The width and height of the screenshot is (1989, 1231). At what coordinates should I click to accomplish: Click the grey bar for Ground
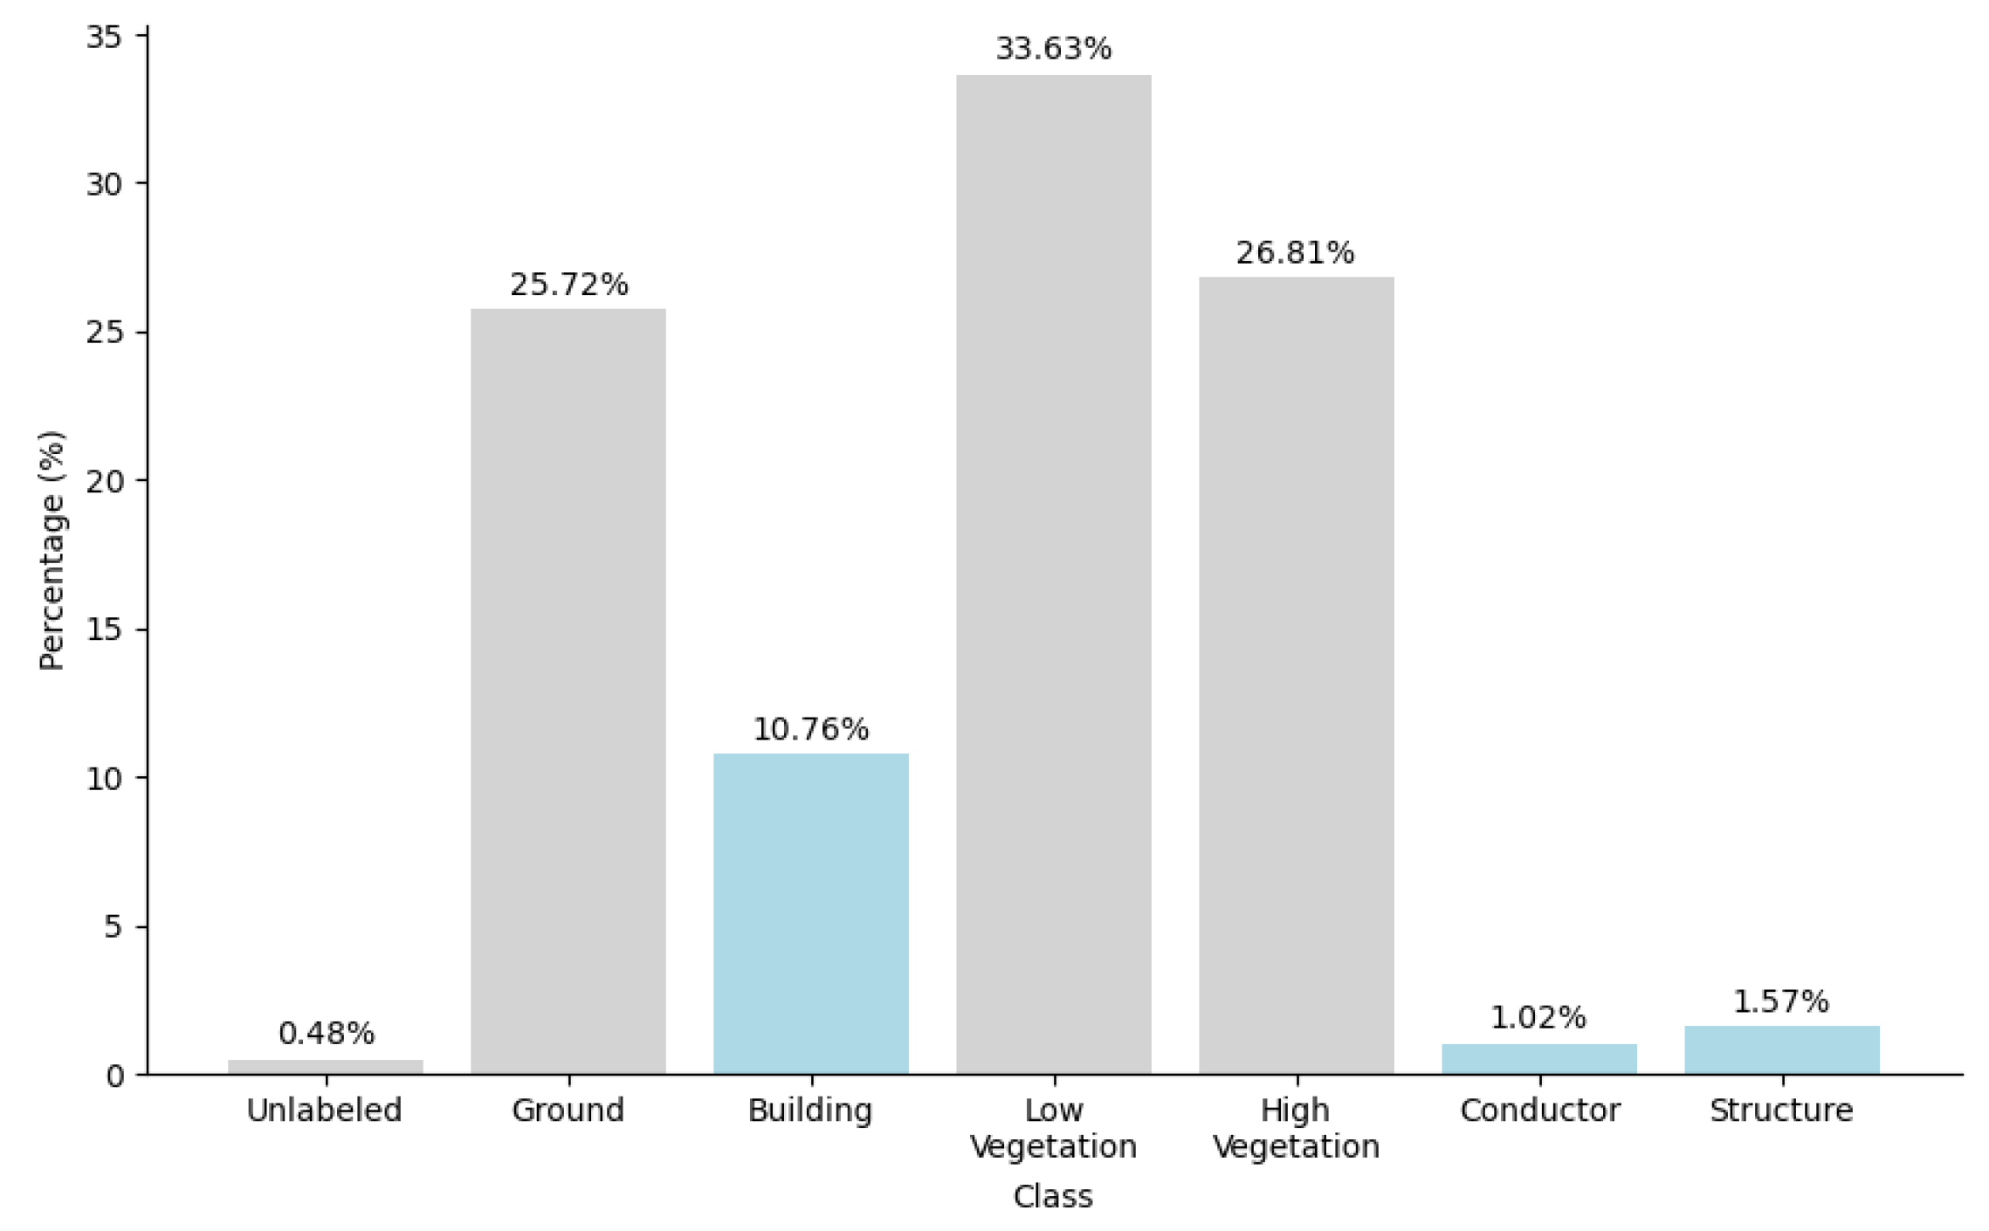pyautogui.click(x=568, y=690)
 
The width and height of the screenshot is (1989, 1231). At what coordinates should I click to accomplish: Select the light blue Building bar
pyautogui.click(x=810, y=912)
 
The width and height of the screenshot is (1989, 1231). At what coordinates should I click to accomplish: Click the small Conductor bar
pyautogui.click(x=1538, y=1059)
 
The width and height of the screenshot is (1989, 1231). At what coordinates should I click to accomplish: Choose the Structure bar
pyautogui.click(x=1781, y=1050)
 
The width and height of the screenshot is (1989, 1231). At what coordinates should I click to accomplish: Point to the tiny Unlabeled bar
pyautogui.click(x=326, y=1067)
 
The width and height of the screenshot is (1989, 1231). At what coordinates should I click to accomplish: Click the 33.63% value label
pyautogui.click(x=1053, y=49)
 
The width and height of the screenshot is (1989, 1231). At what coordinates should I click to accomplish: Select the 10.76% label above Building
pyautogui.click(x=810, y=729)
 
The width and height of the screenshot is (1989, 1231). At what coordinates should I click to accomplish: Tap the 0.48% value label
pyautogui.click(x=326, y=1034)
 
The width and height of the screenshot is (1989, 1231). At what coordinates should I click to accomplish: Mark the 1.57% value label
pyautogui.click(x=1780, y=1001)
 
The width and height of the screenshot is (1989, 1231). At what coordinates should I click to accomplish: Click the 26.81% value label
pyautogui.click(x=1295, y=253)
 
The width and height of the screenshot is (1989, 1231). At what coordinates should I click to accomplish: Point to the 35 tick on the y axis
pyautogui.click(x=104, y=37)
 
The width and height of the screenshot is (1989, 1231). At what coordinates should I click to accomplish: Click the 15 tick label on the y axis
pyautogui.click(x=104, y=629)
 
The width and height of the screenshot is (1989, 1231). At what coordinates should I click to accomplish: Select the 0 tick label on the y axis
pyautogui.click(x=114, y=1076)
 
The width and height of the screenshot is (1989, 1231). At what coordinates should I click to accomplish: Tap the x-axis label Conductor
pyautogui.click(x=1539, y=1111)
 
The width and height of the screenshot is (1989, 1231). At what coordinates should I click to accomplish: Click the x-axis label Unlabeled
pyautogui.click(x=324, y=1111)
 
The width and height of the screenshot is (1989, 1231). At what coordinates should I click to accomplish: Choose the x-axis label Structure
pyautogui.click(x=1781, y=1111)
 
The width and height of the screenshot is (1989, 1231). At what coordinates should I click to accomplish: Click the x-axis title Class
pyautogui.click(x=1052, y=1196)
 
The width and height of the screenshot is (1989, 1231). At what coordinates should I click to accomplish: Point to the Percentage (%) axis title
pyautogui.click(x=52, y=551)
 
